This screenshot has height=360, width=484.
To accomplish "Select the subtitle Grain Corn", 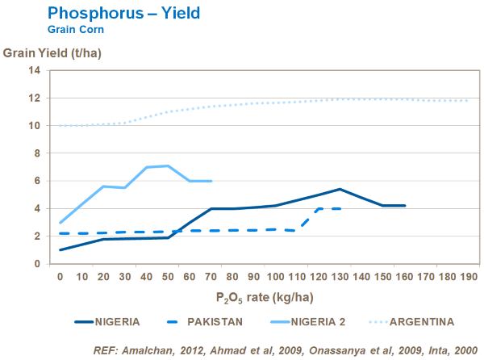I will tap(76, 29).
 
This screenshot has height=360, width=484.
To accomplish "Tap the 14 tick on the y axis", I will tap(35, 70).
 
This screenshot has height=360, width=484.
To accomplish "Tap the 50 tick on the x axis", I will tap(167, 277).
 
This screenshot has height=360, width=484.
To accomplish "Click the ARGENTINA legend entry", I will tap(422, 321).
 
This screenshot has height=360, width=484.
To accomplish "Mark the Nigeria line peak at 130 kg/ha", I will tap(340, 189).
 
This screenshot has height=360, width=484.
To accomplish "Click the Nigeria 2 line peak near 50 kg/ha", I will tap(167, 165).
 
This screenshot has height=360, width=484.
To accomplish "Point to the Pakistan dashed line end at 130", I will tap(340, 208).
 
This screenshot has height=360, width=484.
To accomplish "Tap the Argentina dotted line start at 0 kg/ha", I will tap(60, 126).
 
